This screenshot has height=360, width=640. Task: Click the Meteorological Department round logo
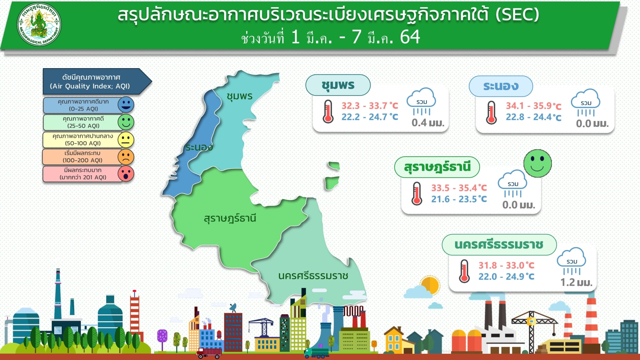coord(39,24)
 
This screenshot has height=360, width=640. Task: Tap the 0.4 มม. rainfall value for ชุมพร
coord(428,122)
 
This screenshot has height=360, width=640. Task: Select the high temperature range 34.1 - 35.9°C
coord(533,106)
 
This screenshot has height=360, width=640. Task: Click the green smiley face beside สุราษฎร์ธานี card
coord(537,163)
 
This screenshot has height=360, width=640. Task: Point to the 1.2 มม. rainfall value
coord(576,282)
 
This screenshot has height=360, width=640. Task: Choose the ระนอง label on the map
coord(199,147)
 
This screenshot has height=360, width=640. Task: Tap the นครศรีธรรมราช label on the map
coord(313,276)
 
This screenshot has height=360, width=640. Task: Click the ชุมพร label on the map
coord(239,96)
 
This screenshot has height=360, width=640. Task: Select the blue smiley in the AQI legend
coord(126,105)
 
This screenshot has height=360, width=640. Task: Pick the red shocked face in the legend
coord(126,174)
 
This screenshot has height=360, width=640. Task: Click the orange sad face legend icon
coord(126,157)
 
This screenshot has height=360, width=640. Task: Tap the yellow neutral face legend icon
coord(126,139)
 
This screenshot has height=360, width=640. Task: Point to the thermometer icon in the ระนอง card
coord(491,112)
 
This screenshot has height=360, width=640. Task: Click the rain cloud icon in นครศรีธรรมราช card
coord(572,261)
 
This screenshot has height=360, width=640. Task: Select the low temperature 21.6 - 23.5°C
coord(459,199)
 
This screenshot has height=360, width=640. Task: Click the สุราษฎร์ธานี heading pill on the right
coord(437,167)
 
